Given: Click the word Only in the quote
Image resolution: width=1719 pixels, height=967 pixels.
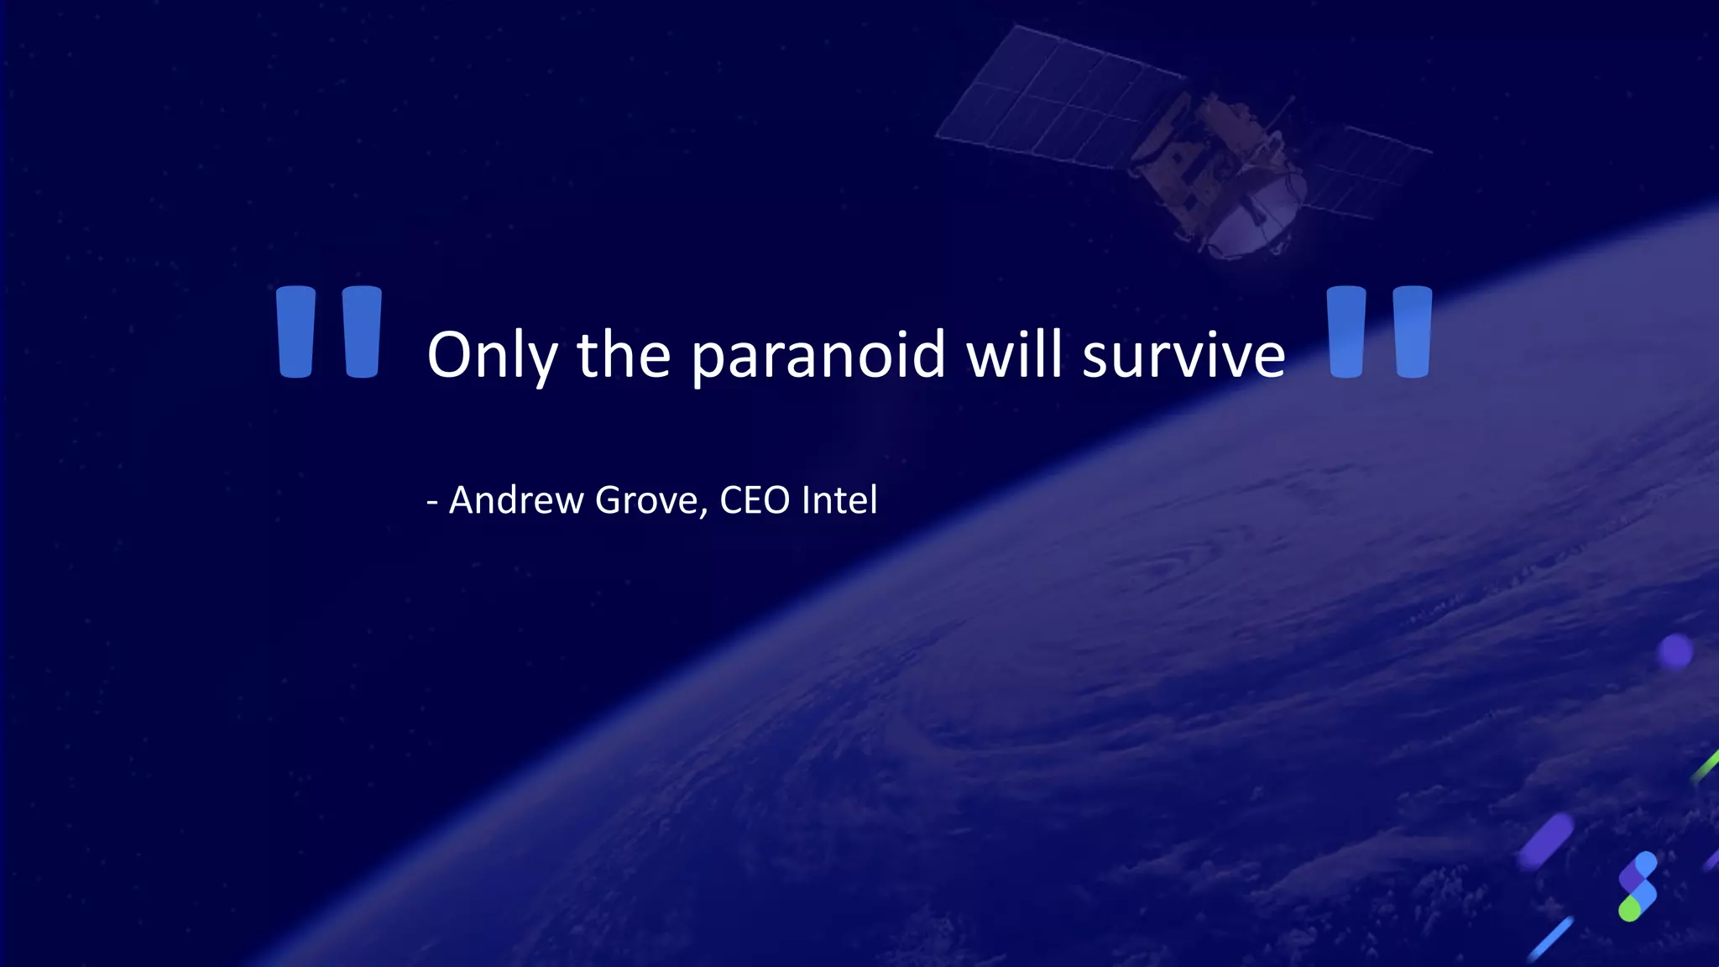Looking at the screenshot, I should pos(492,355).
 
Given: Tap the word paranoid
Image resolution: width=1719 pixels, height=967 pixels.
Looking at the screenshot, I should pos(819,355).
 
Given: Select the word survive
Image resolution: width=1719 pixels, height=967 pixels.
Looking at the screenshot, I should pos(1183,355).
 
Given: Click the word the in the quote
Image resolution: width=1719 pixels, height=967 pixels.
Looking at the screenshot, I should pos(623,353).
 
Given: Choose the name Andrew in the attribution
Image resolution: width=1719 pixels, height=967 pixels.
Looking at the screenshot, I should pos(516,500).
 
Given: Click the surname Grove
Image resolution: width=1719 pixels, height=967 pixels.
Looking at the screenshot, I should pos(645,500).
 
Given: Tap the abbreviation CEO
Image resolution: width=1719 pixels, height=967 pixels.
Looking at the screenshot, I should pos(755,500).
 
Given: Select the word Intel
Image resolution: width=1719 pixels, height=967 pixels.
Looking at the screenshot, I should pos(839,500).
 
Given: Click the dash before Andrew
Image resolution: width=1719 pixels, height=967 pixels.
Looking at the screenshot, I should pos(432,502).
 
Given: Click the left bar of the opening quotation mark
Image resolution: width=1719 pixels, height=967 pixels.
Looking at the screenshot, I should pos(295,332).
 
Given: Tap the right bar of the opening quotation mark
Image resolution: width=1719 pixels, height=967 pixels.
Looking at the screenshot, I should pos(363,332).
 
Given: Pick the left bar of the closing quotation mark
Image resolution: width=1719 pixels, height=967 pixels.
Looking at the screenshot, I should pos(1346,332).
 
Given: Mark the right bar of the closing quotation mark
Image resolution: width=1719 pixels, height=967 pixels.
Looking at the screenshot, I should pos(1413,332).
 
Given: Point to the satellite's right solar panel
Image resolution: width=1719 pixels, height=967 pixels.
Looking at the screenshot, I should pos(1368,168).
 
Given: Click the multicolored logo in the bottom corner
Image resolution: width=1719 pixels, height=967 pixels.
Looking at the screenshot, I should pos(1638,886).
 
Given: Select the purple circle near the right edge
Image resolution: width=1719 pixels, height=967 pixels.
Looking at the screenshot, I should pos(1675,651).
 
